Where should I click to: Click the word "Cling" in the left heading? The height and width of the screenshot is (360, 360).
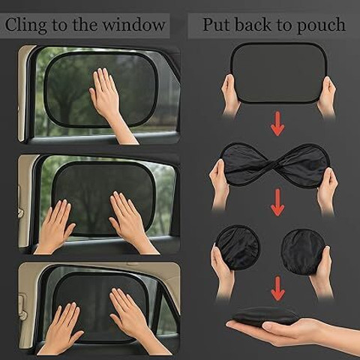[25, 25]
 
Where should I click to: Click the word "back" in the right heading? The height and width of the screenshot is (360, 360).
[253, 25]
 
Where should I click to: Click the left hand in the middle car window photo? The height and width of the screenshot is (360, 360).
[54, 225]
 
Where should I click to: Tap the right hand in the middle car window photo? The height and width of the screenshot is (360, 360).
[130, 220]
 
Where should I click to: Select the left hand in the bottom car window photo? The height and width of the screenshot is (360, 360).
[62, 328]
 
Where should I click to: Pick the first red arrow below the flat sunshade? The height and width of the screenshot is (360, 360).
[277, 124]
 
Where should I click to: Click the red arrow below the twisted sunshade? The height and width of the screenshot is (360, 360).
[277, 202]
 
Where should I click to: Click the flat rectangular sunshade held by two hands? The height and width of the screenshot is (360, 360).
[279, 73]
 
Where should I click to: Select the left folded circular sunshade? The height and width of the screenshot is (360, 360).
[238, 247]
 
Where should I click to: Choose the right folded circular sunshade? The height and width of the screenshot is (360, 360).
[304, 250]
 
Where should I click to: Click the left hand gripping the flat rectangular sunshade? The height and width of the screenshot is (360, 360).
[230, 96]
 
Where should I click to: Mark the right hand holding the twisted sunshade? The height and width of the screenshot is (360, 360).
[327, 190]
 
